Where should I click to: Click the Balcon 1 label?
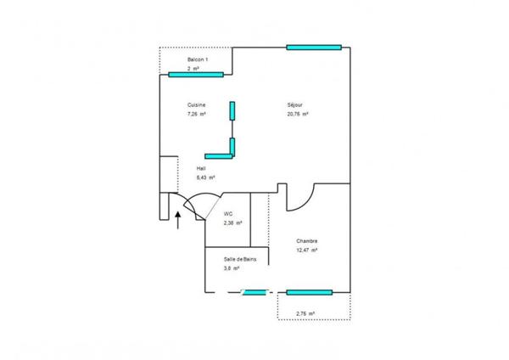coord(199,59)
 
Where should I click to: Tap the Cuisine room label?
coord(197,105)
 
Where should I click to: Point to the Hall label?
coord(201,169)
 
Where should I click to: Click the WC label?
coord(228,214)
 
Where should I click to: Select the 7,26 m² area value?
coord(197,114)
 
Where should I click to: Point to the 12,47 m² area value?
coord(307,250)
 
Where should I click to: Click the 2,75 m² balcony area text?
coord(305,314)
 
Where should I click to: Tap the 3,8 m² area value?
coord(232,268)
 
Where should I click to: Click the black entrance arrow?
coord(177,221)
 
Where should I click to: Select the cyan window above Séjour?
coord(314,47)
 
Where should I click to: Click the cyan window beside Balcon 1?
coord(196,75)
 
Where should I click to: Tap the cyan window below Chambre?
coord(308,292)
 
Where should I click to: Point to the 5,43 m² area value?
coord(204,178)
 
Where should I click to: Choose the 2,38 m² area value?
coord(232,223)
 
